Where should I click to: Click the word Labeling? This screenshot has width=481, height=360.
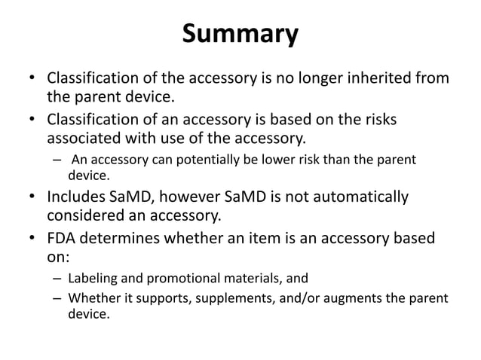pos(93,279)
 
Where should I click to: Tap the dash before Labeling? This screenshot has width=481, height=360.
pos(57,279)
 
